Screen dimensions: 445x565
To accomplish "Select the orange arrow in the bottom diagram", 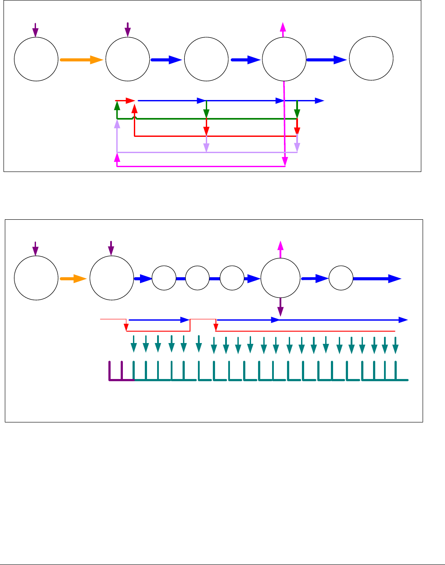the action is pyautogui.click(x=73, y=278).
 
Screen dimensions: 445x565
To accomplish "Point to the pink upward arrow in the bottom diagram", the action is pyautogui.click(x=280, y=248).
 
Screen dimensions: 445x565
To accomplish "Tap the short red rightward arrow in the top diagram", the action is pyautogui.click(x=126, y=100).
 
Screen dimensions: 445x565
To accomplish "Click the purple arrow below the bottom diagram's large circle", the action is pyautogui.click(x=280, y=308).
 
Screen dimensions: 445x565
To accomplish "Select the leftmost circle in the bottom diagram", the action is pyautogui.click(x=36, y=279).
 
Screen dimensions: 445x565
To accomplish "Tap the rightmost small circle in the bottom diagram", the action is pyautogui.click(x=341, y=278).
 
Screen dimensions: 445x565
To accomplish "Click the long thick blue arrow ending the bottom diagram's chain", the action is pyautogui.click(x=377, y=278).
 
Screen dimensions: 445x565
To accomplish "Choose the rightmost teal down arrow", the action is pyautogui.click(x=395, y=345).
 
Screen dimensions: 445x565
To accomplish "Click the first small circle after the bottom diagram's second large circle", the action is pyautogui.click(x=164, y=278).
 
